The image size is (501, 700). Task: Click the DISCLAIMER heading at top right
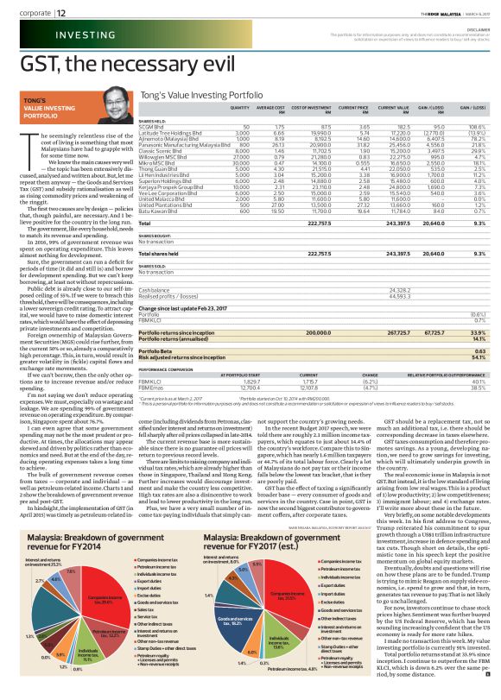coord(479,28)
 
